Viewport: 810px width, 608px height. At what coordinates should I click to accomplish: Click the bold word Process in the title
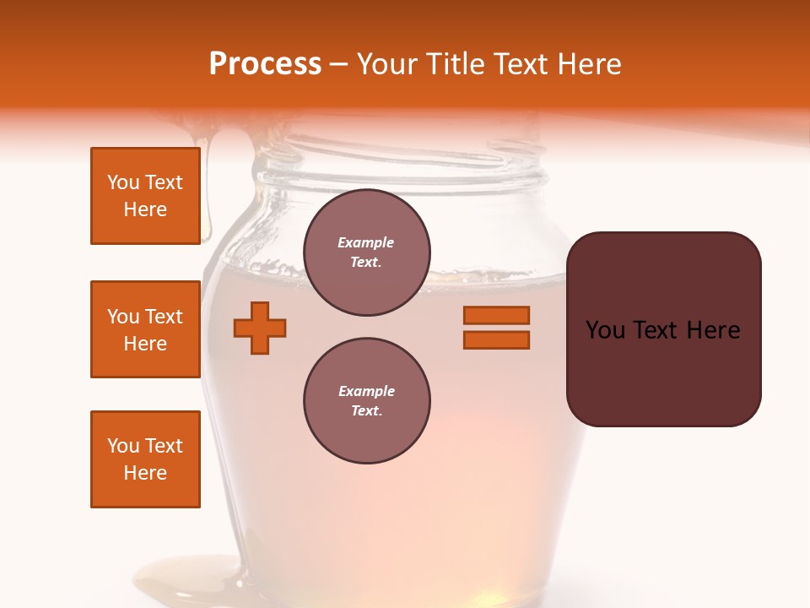265,64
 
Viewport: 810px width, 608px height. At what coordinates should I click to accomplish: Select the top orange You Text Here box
145,196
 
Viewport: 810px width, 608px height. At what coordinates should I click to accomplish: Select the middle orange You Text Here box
145,329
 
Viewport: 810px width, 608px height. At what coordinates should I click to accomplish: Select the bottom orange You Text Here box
145,459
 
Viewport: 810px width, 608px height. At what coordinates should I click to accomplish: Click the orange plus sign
260,328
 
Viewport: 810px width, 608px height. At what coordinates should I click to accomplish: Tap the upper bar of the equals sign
496,315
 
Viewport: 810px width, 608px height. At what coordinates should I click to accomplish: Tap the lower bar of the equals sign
496,340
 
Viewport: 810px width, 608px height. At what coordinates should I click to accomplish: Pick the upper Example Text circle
366,252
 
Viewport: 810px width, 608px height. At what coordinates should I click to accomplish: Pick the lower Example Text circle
366,401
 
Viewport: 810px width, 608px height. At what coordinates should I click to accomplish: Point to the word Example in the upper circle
366,242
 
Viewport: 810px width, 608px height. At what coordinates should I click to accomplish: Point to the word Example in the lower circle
366,391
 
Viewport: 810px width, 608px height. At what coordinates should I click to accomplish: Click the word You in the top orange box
122,182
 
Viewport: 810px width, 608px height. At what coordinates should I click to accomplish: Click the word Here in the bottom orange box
145,473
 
